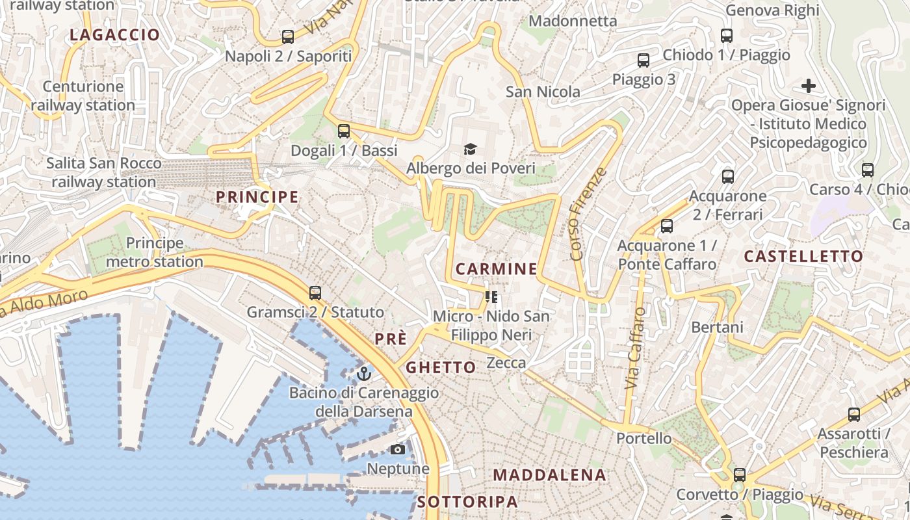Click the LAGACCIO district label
[114, 35]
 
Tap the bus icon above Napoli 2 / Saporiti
[288, 37]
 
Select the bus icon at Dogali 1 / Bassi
[344, 131]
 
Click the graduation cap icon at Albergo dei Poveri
[470, 149]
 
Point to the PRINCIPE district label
[257, 197]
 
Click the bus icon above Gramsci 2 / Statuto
[315, 293]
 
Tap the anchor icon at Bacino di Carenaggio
[364, 374]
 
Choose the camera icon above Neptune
[398, 449]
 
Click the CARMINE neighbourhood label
[497, 269]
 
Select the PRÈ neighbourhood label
[391, 339]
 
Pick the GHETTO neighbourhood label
[441, 367]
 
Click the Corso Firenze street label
[588, 214]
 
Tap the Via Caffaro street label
[636, 348]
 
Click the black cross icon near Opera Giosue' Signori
[808, 86]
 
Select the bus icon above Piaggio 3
[643, 60]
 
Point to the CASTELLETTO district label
[803, 256]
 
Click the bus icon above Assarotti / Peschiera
[854, 415]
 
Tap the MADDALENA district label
[549, 475]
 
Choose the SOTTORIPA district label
[468, 502]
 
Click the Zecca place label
[506, 363]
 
